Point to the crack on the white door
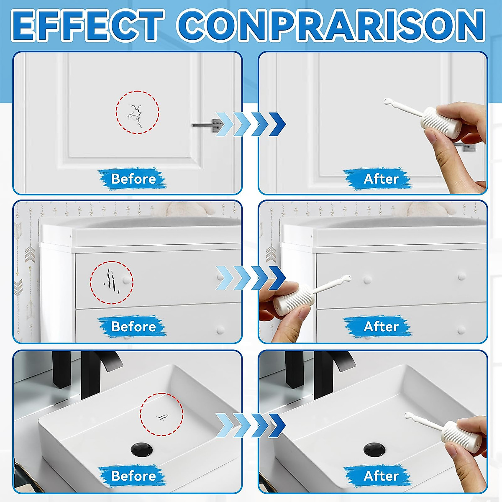136,115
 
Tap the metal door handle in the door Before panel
207,125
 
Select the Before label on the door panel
133,179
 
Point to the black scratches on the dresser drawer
111,280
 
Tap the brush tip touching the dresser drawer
347,277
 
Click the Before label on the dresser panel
133,327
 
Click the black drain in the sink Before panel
142,449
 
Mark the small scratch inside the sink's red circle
162,417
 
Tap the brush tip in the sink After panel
408,415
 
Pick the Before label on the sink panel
133,476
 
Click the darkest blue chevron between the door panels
277,124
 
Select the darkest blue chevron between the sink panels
277,425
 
